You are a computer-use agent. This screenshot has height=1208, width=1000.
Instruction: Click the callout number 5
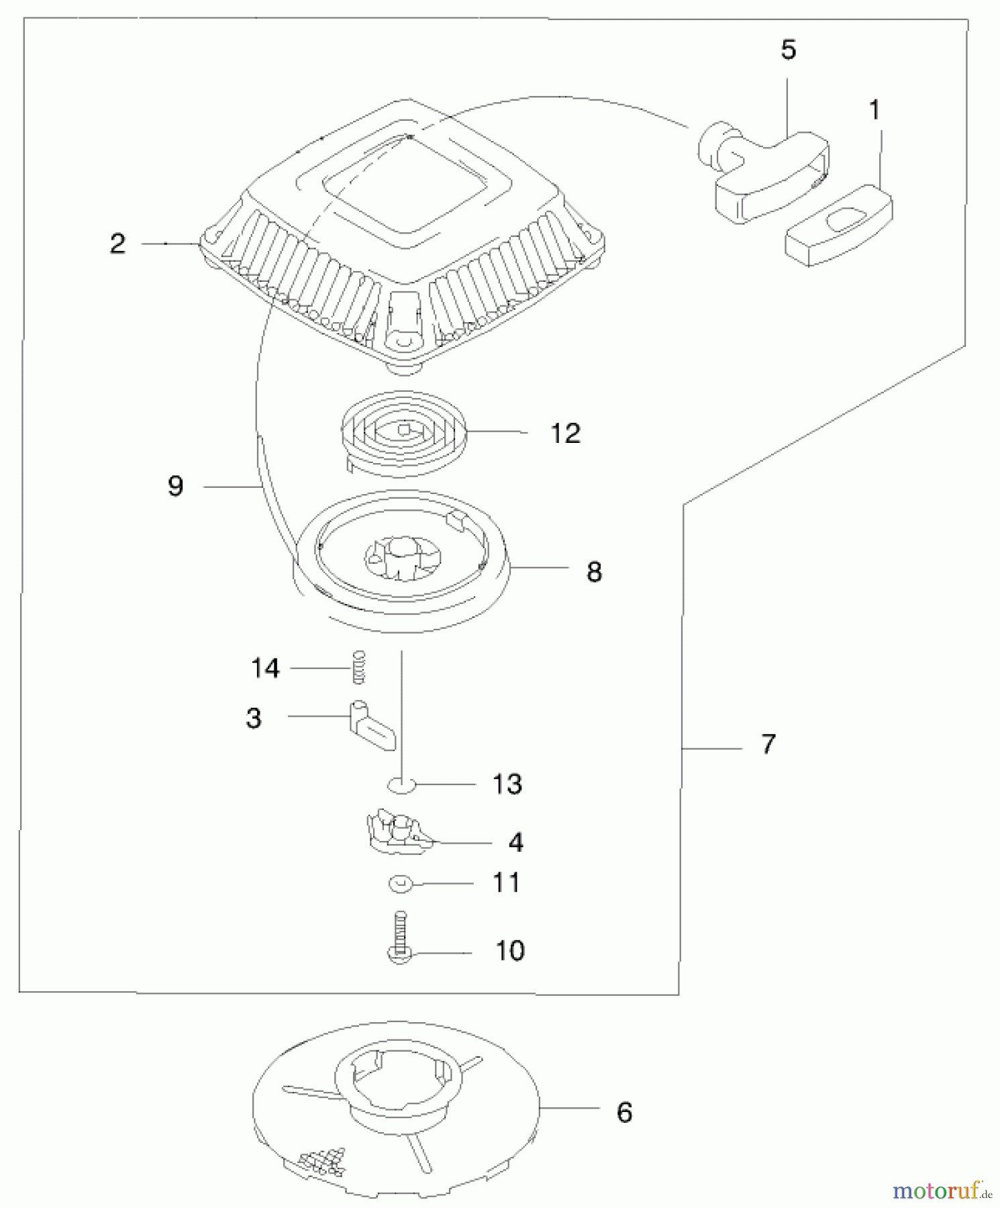pos(789,50)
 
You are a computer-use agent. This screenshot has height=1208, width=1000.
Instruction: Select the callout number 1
pos(874,110)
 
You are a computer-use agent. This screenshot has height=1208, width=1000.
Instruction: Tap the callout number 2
pos(117,244)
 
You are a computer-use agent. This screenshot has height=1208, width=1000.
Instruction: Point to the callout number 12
pos(565,434)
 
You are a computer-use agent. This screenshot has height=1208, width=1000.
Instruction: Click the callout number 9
pos(175,486)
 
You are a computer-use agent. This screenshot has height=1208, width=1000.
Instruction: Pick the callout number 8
pos(594,572)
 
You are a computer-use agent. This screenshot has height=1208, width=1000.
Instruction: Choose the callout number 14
pos(265,668)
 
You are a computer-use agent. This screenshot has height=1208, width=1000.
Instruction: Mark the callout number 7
pos(768,744)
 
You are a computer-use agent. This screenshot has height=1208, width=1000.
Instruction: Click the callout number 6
pos(624,1113)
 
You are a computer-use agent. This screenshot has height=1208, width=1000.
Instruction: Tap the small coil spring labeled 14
pos(359,666)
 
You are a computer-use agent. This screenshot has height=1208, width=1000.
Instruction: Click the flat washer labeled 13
pos(401,784)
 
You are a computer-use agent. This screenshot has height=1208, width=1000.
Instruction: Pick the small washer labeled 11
pos(401,885)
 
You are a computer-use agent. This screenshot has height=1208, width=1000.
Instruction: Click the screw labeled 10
pos(399,938)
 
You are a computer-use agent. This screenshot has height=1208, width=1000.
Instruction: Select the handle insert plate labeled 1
pos(839,226)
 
